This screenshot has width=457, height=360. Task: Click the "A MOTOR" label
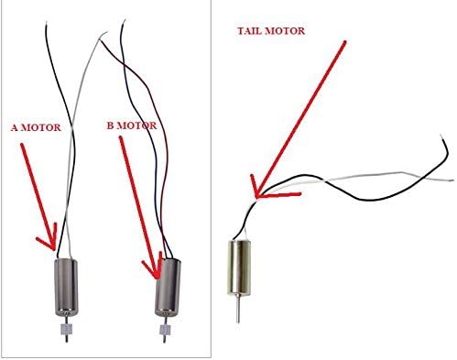pyautogui.click(x=35, y=128)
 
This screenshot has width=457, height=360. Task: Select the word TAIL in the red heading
pyautogui.click(x=250, y=31)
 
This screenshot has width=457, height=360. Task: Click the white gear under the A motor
pyautogui.click(x=66, y=328)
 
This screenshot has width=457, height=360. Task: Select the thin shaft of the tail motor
pyautogui.click(x=240, y=311)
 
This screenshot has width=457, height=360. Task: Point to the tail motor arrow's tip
pyautogui.click(x=257, y=194)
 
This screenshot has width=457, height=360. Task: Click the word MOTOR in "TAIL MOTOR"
pyautogui.click(x=286, y=31)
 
